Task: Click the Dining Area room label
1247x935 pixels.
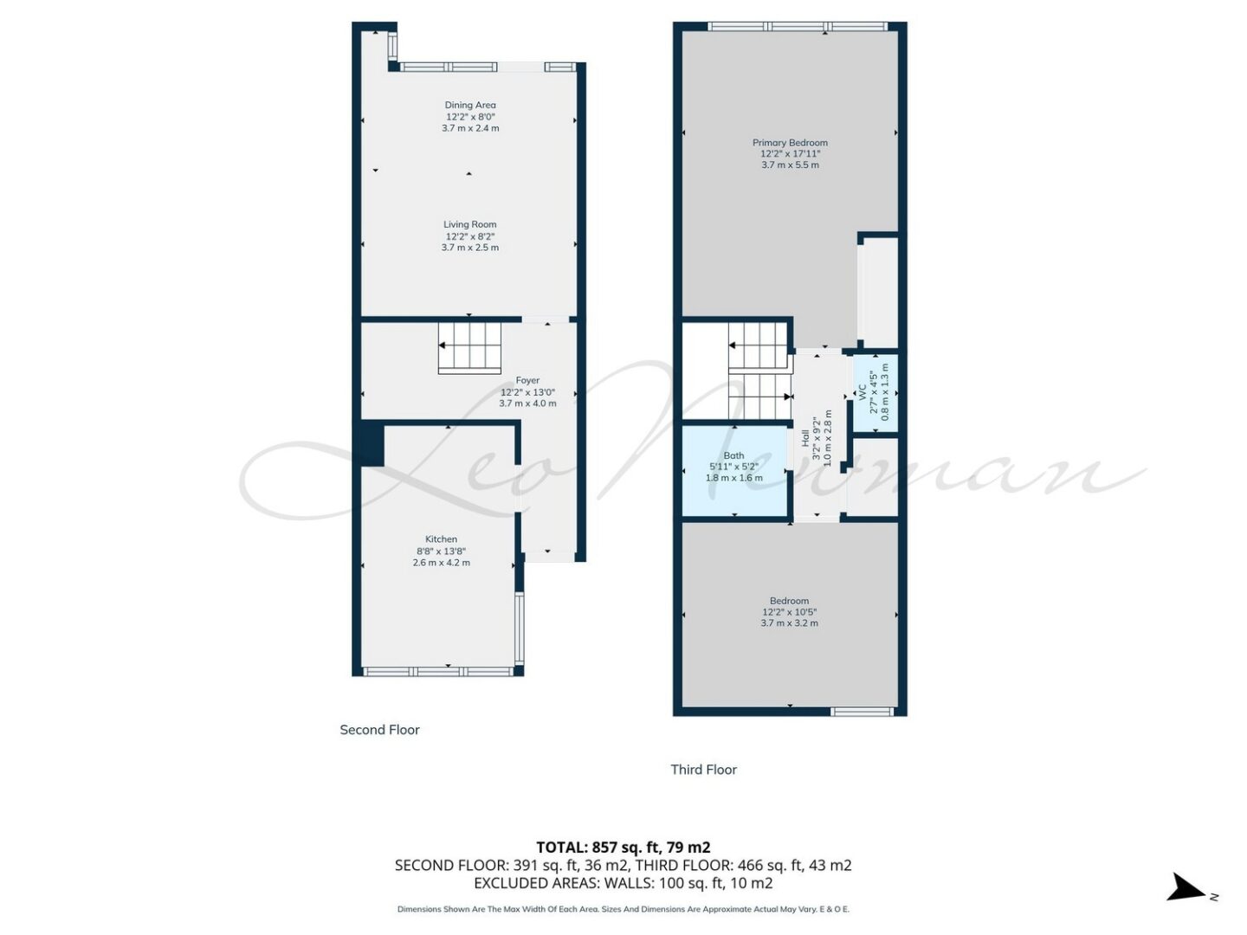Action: click(x=470, y=105)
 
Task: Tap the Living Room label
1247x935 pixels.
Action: click(x=470, y=225)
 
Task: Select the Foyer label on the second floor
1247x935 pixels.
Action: click(x=527, y=380)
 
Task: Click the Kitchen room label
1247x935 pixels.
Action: click(x=441, y=539)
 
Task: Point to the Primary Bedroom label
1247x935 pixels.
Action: click(x=790, y=143)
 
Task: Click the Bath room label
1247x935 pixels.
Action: click(x=733, y=455)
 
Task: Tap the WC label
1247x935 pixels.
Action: click(x=862, y=391)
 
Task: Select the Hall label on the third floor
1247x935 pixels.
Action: click(x=805, y=438)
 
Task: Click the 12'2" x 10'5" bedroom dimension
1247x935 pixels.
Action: click(x=789, y=612)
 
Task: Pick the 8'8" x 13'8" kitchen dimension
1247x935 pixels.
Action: click(x=441, y=551)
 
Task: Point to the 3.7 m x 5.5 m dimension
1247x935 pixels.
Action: click(x=790, y=165)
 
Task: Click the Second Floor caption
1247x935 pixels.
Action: click(x=379, y=730)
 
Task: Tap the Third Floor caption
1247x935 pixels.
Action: click(x=703, y=770)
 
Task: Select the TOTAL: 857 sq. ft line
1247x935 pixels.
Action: click(x=623, y=848)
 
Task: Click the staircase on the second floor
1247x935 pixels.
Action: click(x=469, y=349)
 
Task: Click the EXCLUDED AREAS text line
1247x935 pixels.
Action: click(x=623, y=883)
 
